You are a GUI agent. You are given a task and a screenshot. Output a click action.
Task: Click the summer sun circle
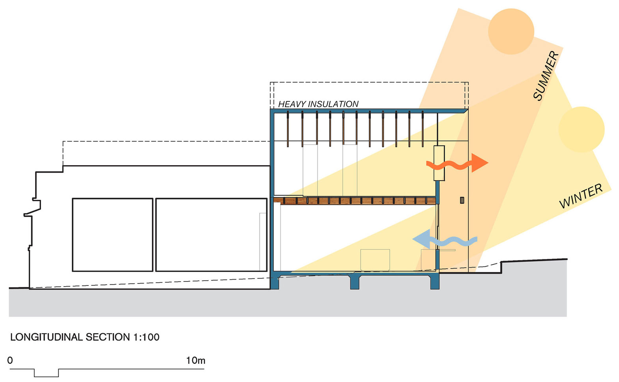[511, 31]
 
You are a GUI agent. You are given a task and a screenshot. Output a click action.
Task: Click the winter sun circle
[582, 129]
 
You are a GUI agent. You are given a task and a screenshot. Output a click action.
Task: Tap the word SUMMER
[546, 76]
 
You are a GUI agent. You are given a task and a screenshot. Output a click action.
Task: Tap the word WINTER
[581, 196]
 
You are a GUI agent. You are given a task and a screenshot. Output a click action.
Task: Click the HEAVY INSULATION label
[318, 104]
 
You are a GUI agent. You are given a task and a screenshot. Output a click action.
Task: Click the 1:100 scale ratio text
[146, 337]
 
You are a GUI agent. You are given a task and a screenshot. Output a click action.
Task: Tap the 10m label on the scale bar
[195, 360]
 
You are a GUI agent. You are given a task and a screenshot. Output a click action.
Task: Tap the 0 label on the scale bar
[10, 360]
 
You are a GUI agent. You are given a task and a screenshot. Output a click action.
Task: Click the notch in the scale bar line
[46, 373]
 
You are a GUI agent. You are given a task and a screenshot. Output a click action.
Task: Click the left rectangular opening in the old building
[112, 235]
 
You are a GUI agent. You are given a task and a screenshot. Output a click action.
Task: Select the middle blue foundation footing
[355, 281]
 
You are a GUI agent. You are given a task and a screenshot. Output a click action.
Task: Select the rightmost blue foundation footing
[434, 281]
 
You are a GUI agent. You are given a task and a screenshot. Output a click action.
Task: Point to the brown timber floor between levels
[355, 201]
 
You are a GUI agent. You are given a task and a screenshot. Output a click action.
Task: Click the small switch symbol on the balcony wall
[462, 200]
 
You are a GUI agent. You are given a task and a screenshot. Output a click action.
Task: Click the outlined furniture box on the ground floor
[375, 260]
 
